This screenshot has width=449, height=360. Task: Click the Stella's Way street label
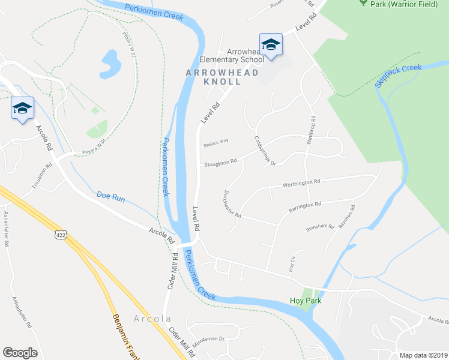pos(217,142)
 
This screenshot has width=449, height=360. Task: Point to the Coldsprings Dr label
pos(264,151)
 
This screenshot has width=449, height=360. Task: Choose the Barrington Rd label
pos(305,205)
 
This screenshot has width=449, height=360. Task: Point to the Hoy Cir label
pos(293,262)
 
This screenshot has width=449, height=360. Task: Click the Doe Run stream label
pos(110,196)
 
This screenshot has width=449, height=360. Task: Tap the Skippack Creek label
pos(399,76)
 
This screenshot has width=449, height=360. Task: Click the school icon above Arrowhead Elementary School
pos(270,44)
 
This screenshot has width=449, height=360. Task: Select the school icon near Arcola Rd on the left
pos(22,108)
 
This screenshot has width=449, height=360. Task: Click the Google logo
pos(20,353)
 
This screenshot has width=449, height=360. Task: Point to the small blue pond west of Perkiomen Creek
pos(110,61)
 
